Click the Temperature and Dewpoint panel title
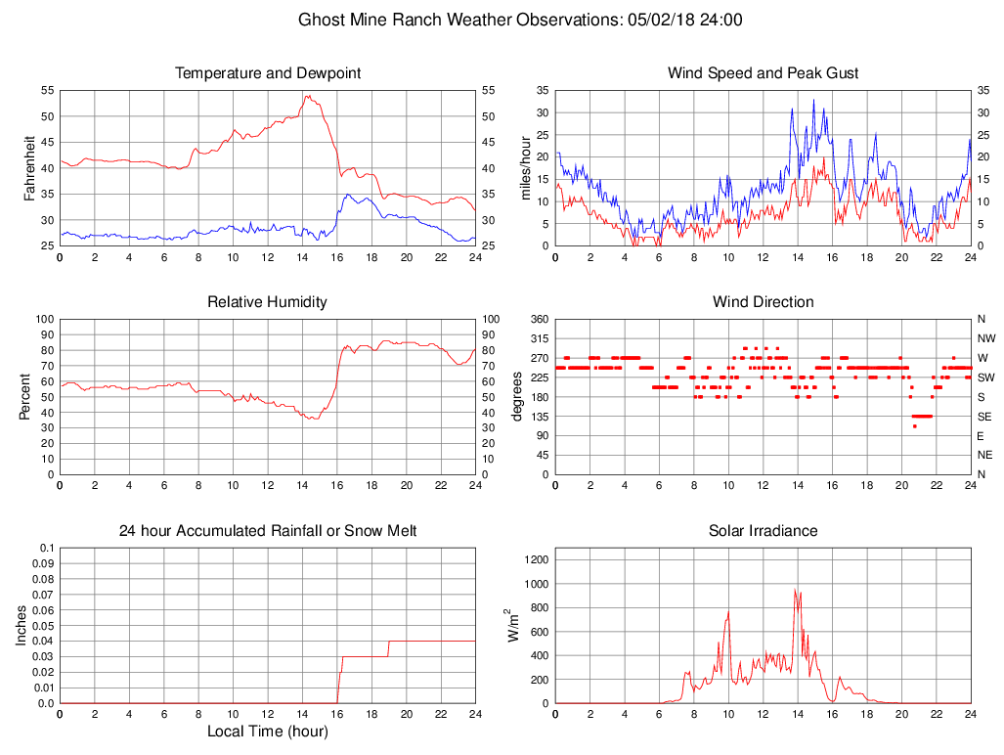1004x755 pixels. click(x=268, y=73)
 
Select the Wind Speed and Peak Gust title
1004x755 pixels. click(x=763, y=73)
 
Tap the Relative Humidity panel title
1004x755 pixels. click(x=268, y=302)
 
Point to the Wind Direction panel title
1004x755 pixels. click(x=763, y=302)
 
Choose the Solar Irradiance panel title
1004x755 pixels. click(x=763, y=531)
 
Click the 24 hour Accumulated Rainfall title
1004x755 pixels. click(x=268, y=531)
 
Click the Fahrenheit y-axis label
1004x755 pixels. click(x=29, y=168)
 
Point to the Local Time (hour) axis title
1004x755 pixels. click(x=268, y=731)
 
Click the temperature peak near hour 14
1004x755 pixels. click(x=307, y=95)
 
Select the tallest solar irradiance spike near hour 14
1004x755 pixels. click(x=796, y=590)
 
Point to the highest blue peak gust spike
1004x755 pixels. click(x=813, y=100)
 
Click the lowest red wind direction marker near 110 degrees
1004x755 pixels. click(x=915, y=426)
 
